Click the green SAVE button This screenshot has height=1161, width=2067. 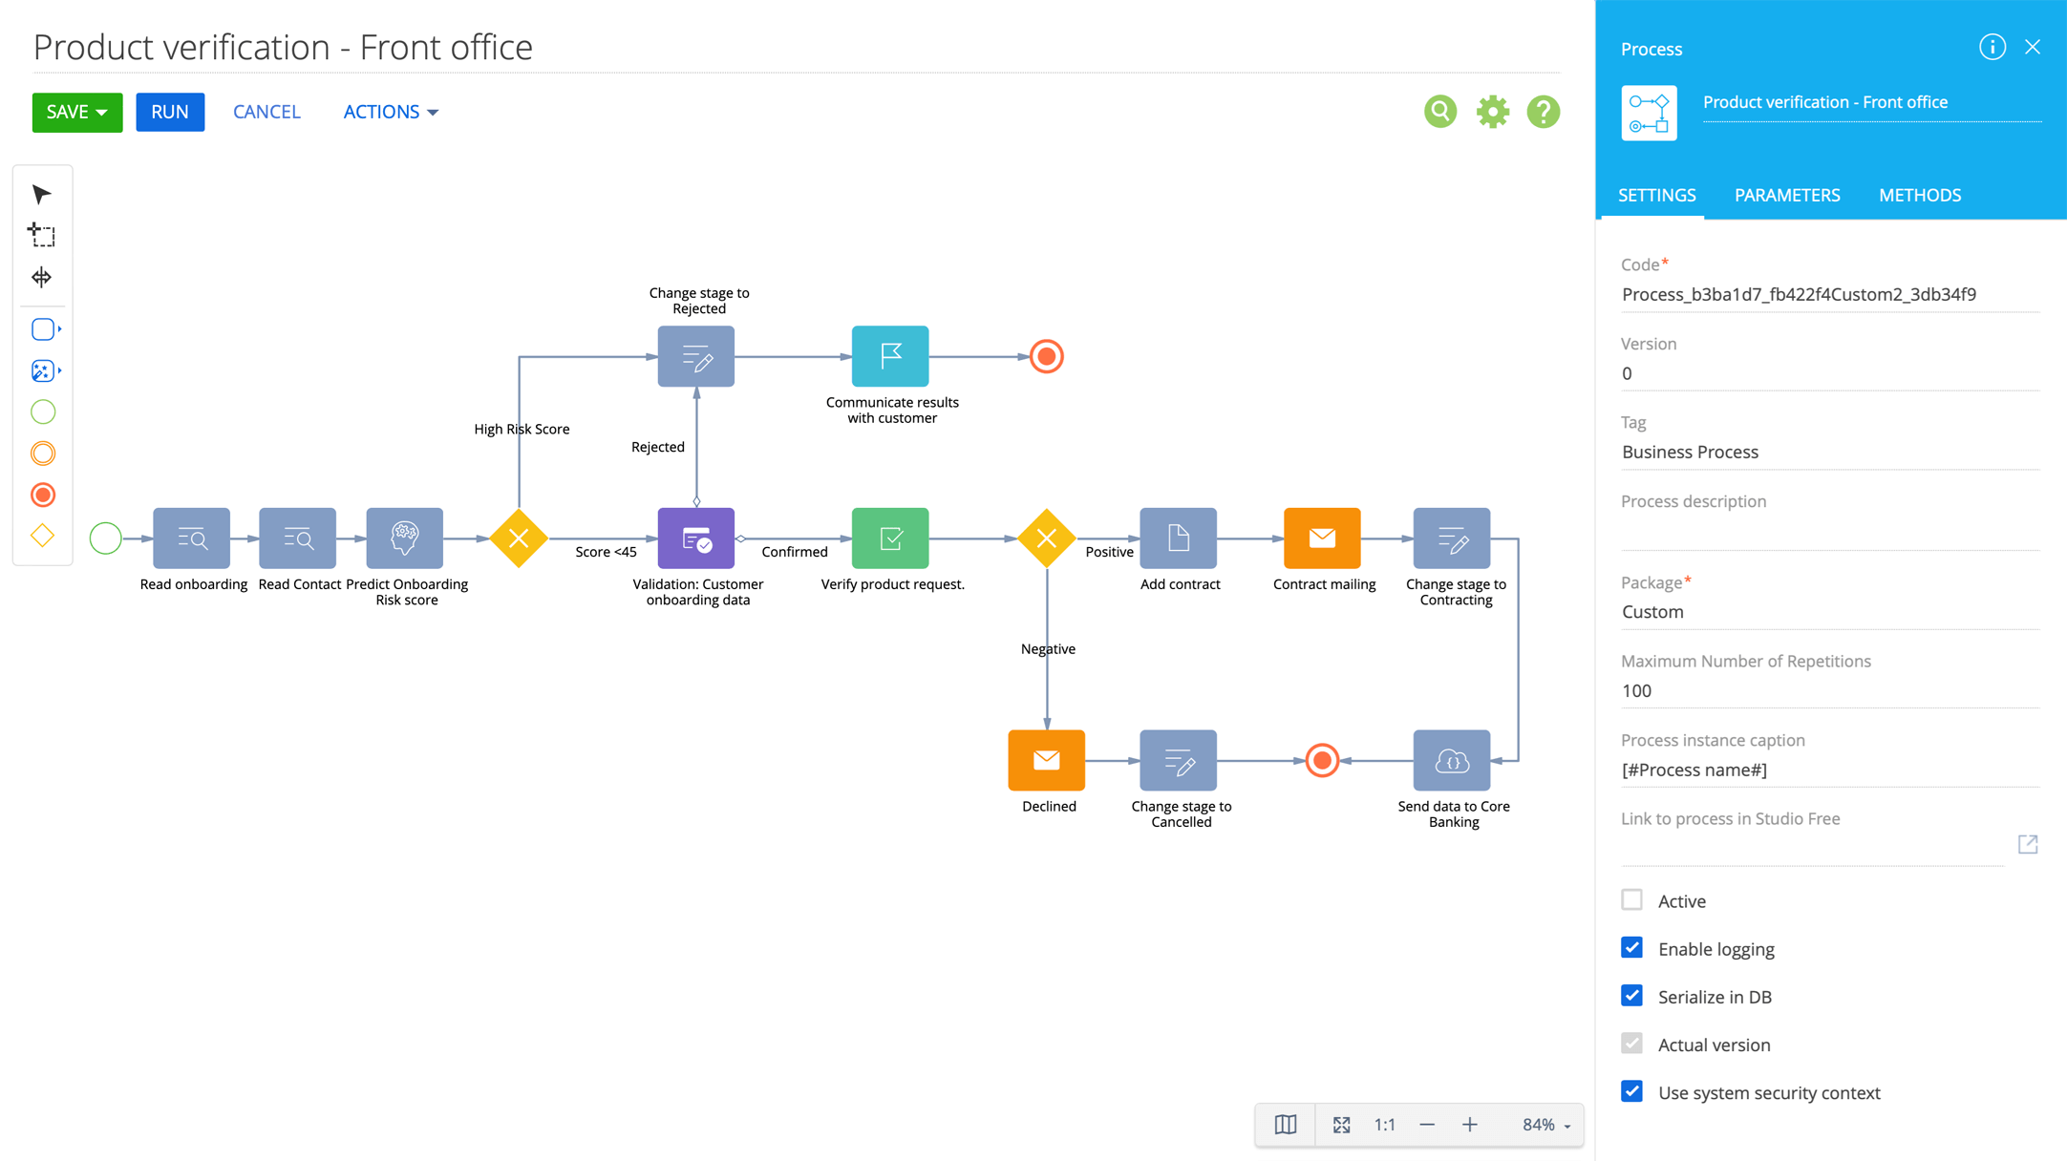[x=76, y=112]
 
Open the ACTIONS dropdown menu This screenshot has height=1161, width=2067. [x=390, y=112]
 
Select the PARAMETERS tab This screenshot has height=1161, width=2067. [x=1786, y=195]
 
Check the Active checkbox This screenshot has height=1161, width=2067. [x=1631, y=900]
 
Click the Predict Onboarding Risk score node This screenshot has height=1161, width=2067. [x=405, y=538]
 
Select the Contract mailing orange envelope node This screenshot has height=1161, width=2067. [x=1322, y=538]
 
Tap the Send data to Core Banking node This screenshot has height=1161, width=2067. [x=1451, y=761]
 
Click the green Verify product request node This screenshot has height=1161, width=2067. [x=890, y=538]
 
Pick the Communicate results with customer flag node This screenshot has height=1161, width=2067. [x=890, y=356]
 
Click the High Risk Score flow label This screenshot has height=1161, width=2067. [x=522, y=429]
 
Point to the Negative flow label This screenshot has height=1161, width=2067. [x=1048, y=649]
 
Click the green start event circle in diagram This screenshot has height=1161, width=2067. [x=105, y=538]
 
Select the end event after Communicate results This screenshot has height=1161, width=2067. [x=1047, y=356]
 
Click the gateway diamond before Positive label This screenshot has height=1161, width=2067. [x=1047, y=538]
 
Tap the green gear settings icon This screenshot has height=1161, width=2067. [x=1492, y=112]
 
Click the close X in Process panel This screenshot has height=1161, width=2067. [x=2033, y=48]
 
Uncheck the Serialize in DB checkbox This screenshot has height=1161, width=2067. [x=1631, y=996]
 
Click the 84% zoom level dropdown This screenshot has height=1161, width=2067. [x=1545, y=1125]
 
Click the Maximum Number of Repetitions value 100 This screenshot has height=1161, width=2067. [x=1636, y=690]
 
